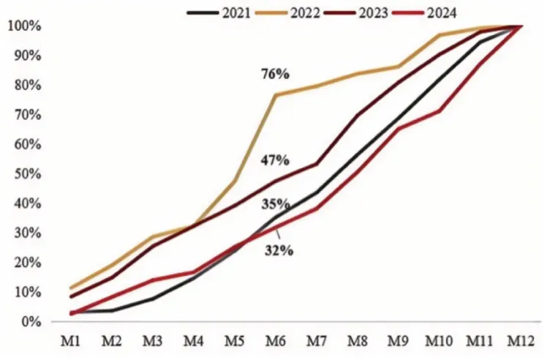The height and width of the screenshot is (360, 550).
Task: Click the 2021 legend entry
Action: pyautogui.click(x=220, y=12)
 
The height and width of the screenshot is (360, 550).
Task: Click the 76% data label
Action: pyautogui.click(x=275, y=74)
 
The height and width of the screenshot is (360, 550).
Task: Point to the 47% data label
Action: pyautogui.click(x=275, y=161)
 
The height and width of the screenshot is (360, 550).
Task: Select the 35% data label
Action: pyautogui.click(x=275, y=204)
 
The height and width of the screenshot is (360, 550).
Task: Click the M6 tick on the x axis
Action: pyautogui.click(x=275, y=340)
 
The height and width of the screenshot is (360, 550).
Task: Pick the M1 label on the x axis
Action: pyautogui.click(x=70, y=340)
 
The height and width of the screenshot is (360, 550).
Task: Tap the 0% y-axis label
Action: pyautogui.click(x=30, y=322)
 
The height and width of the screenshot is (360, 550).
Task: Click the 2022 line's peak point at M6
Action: pyautogui.click(x=275, y=94)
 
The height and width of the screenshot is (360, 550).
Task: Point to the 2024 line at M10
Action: pyautogui.click(x=439, y=110)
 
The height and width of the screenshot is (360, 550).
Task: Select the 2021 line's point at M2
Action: pyautogui.click(x=111, y=310)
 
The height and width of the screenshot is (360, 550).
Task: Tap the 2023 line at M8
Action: pyautogui.click(x=357, y=115)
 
